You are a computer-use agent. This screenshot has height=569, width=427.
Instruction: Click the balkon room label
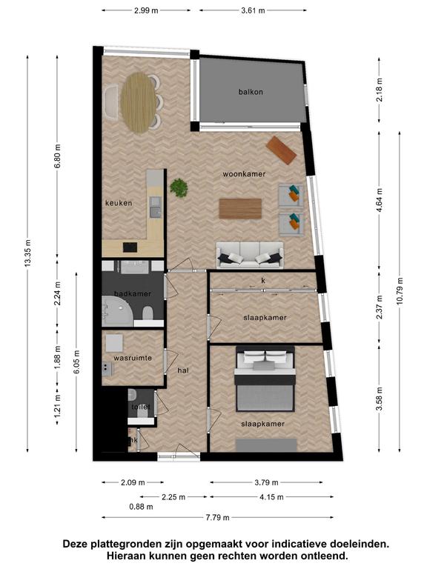(251, 92)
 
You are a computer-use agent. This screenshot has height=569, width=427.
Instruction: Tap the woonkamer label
(244, 174)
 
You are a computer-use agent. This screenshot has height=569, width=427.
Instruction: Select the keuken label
(119, 203)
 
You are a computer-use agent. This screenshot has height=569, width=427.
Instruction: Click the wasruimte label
(133, 358)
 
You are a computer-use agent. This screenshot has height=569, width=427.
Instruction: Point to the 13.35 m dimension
(28, 253)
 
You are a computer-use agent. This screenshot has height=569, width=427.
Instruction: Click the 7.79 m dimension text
(217, 517)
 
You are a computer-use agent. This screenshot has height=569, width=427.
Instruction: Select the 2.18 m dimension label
(380, 90)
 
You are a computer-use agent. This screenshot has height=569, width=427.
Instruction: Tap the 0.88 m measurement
(142, 507)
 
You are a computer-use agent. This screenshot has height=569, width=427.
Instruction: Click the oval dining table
(139, 103)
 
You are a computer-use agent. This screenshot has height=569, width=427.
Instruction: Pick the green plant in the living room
(179, 187)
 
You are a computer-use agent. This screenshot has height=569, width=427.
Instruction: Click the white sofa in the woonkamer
(250, 255)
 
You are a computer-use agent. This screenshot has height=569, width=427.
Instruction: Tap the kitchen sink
(156, 207)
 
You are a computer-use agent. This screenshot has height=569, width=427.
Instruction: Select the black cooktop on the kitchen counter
(130, 247)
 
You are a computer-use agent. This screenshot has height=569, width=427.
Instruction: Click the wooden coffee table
(240, 209)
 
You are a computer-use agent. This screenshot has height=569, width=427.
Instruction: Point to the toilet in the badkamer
(148, 313)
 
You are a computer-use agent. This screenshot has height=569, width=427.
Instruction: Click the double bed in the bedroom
(265, 379)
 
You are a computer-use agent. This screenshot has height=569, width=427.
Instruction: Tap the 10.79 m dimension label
(400, 291)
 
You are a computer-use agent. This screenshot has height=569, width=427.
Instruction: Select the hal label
(183, 370)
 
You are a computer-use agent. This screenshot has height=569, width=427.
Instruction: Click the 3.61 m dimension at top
(253, 10)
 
